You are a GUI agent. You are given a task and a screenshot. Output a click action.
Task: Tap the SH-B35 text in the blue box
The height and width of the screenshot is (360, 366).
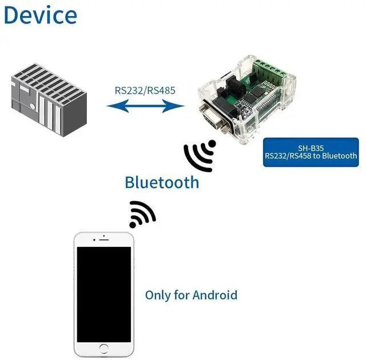click(311, 146)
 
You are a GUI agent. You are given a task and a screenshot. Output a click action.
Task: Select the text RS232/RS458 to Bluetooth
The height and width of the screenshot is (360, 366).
click(311, 155)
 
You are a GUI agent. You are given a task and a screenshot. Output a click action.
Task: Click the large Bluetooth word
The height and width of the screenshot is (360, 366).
click(162, 182)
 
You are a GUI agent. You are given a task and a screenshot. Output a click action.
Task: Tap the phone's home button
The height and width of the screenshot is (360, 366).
click(104, 347)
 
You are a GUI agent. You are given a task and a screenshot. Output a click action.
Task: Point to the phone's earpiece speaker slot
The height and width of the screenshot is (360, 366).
click(104, 240)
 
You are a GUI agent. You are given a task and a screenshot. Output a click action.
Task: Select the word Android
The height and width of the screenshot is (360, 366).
click(214, 295)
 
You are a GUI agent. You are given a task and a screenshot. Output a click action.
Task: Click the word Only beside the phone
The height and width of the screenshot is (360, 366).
click(157, 295)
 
